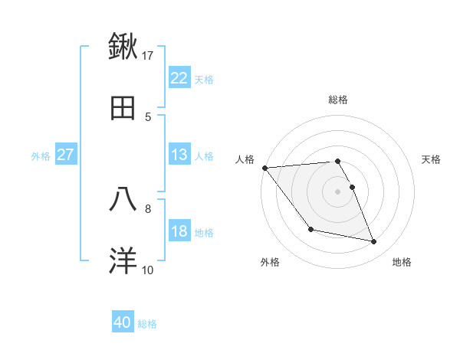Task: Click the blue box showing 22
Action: point(179,78)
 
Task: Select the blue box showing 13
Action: point(179,155)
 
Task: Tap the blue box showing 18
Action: point(179,231)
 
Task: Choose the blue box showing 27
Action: point(65,155)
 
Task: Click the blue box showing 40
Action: point(123,323)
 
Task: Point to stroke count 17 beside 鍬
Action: point(148,55)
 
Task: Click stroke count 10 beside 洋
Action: point(148,270)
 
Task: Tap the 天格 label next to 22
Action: point(204,79)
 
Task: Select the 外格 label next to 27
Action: point(41,155)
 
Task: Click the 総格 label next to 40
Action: point(147,324)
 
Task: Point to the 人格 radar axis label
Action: point(245,159)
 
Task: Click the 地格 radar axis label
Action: point(402,262)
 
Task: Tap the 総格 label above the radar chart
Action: point(337,100)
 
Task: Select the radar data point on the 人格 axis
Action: point(264,168)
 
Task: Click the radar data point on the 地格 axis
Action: point(374,242)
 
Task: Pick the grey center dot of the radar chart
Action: point(337,191)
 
